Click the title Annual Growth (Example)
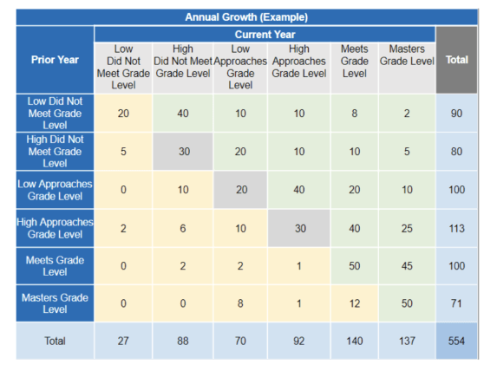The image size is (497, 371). tap(246, 17)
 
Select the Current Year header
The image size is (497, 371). tap(265, 34)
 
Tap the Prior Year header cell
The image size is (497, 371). tap(54, 60)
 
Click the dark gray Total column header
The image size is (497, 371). tap(456, 60)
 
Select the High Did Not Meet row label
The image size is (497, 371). tap(54, 151)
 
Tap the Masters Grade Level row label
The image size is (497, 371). tap(54, 304)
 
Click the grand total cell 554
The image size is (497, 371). tap(456, 342)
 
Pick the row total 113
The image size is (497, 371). tap(456, 229)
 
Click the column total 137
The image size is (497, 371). tap(407, 342)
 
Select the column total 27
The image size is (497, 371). tap(123, 342)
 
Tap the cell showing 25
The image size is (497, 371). tap(407, 229)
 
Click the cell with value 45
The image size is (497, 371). tap(407, 266)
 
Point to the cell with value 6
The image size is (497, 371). tap(183, 229)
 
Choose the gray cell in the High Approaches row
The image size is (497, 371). tap(298, 229)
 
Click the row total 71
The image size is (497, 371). tap(456, 304)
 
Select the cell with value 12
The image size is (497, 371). tap(355, 304)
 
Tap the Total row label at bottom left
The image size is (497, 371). tap(54, 342)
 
